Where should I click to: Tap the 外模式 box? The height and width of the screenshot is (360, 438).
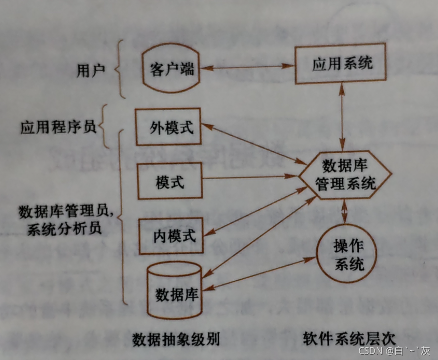(x=168, y=127)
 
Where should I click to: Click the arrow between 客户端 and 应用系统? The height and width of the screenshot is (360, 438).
(x=248, y=68)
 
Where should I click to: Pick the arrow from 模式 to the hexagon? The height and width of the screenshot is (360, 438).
(x=250, y=178)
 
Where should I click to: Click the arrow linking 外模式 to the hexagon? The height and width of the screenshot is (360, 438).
(x=253, y=144)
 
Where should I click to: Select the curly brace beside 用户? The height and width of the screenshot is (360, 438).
(x=118, y=71)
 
